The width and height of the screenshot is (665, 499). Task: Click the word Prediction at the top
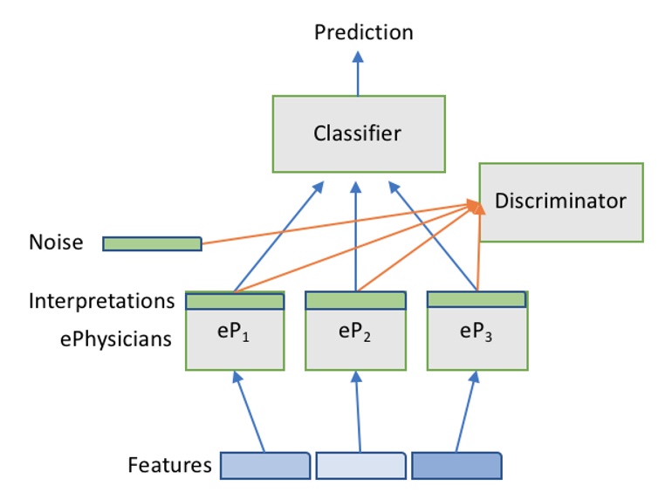(x=363, y=32)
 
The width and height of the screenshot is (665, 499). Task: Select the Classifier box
(x=359, y=134)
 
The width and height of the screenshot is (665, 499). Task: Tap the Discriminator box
(x=561, y=202)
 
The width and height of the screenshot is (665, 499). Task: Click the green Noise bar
(x=152, y=243)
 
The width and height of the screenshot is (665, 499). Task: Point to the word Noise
(x=56, y=242)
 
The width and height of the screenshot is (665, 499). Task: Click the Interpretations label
(x=102, y=301)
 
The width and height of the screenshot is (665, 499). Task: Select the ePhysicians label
(x=116, y=339)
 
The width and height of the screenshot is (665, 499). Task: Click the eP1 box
(x=235, y=339)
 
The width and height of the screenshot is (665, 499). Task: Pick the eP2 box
(x=356, y=339)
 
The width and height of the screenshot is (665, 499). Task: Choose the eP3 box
(x=477, y=339)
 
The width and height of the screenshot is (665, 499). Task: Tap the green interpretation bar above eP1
(x=235, y=301)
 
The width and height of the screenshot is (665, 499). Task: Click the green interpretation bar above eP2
(x=356, y=301)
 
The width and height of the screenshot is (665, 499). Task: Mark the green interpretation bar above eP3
(x=476, y=299)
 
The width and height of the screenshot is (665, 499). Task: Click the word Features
(x=169, y=465)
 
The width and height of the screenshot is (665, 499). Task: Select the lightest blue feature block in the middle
(x=361, y=466)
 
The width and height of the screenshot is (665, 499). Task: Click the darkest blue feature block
(x=456, y=466)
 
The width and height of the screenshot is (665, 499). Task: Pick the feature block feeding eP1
(x=265, y=466)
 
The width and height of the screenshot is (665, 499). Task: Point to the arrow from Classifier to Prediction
(x=358, y=74)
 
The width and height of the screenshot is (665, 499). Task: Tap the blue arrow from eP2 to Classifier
(x=356, y=236)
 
